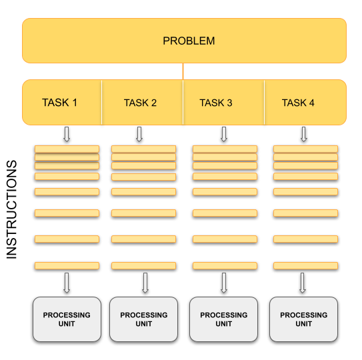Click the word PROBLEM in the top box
click(189, 41)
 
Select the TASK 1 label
click(60, 103)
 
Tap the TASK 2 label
click(140, 103)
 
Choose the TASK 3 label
click(216, 103)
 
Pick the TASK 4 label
click(298, 103)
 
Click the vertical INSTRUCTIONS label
click(12, 209)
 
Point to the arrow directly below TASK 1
click(66, 134)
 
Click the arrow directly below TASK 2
click(139, 134)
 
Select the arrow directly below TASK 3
click(223, 134)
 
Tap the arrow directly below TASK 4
click(304, 134)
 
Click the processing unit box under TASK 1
click(67, 319)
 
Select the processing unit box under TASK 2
click(144, 319)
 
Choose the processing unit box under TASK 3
click(224, 319)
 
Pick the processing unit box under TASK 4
click(303, 319)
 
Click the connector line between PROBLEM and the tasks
click(183, 71)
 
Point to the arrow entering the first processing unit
click(66, 283)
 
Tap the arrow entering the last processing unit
click(303, 283)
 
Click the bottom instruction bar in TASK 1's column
click(67, 265)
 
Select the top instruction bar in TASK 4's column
click(305, 149)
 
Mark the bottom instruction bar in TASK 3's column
click(225, 265)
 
